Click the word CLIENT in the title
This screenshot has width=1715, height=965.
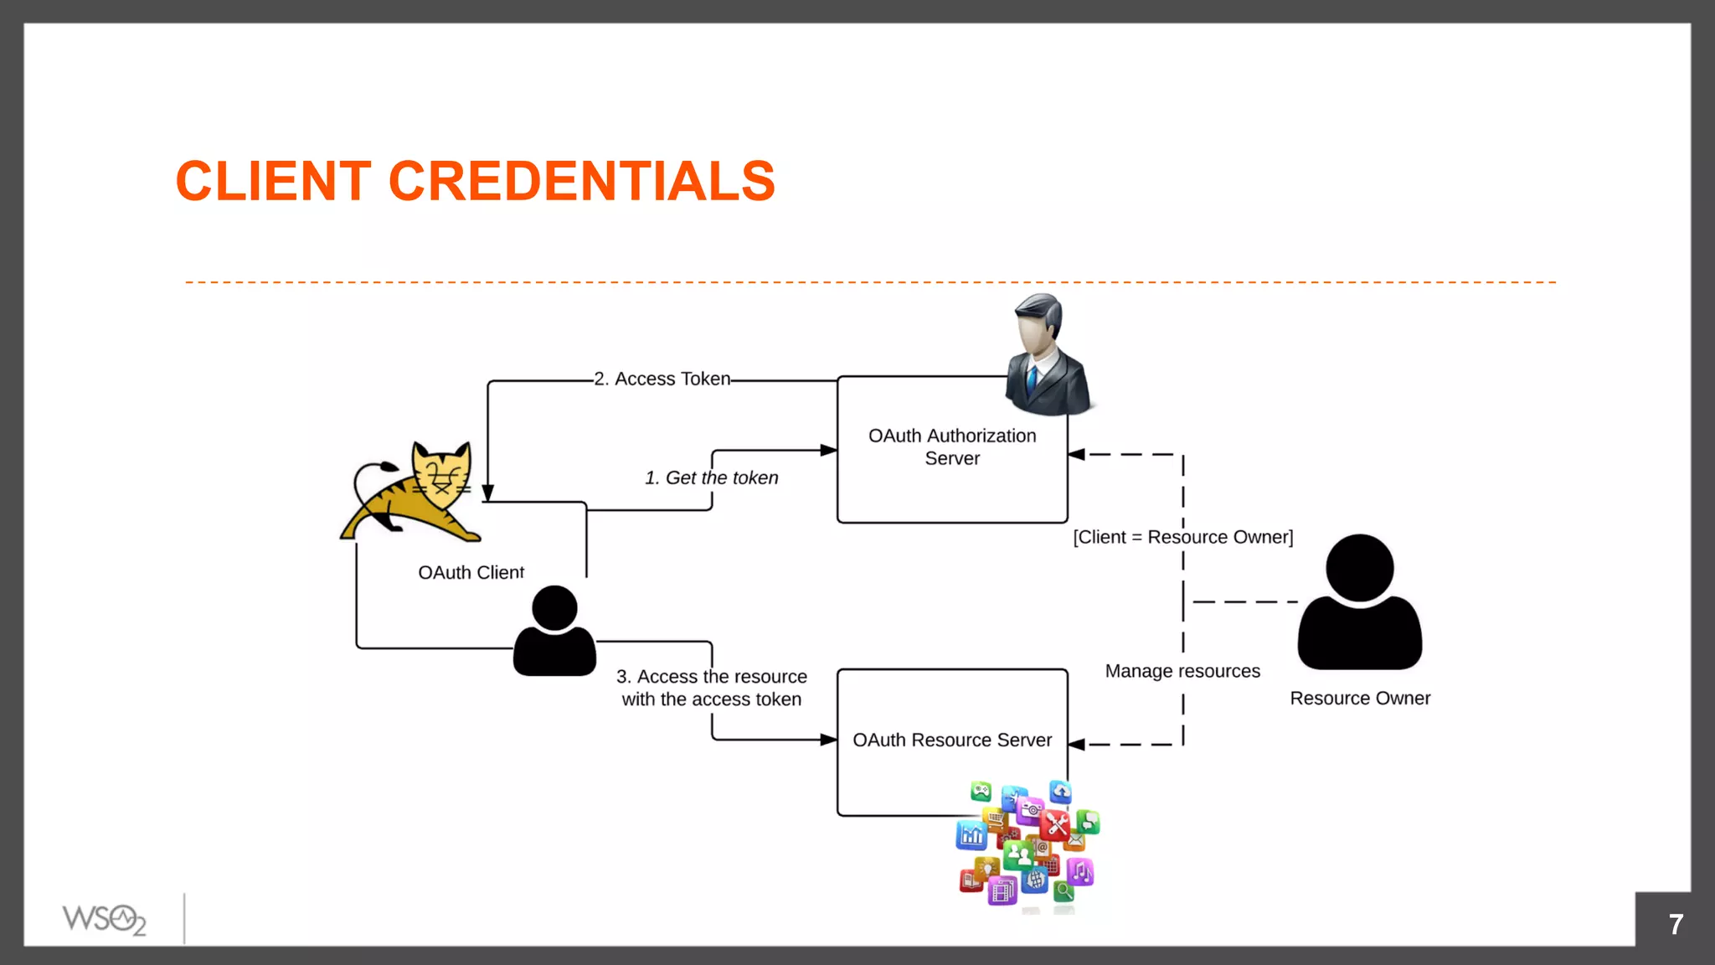(273, 181)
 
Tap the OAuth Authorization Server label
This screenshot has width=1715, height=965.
(952, 447)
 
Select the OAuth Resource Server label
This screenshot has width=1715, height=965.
(952, 740)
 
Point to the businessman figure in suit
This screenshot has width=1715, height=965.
(1047, 355)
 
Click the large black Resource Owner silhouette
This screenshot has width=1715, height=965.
(1359, 603)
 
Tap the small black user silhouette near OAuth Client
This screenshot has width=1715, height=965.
(554, 632)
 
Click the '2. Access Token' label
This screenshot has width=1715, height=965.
(662, 379)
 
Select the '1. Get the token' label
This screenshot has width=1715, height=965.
(711, 477)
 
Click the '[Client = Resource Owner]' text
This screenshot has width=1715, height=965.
(1182, 537)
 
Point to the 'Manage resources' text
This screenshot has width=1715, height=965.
(1182, 671)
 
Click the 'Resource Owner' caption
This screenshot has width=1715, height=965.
(1359, 698)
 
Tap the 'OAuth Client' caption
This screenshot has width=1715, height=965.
(471, 572)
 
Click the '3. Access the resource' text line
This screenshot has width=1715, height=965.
(711, 676)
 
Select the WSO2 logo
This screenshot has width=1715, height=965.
(104, 919)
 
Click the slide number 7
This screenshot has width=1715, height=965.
(1675, 924)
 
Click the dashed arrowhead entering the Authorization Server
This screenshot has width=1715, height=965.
(1077, 454)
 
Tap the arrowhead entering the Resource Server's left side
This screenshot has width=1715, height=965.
(828, 740)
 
